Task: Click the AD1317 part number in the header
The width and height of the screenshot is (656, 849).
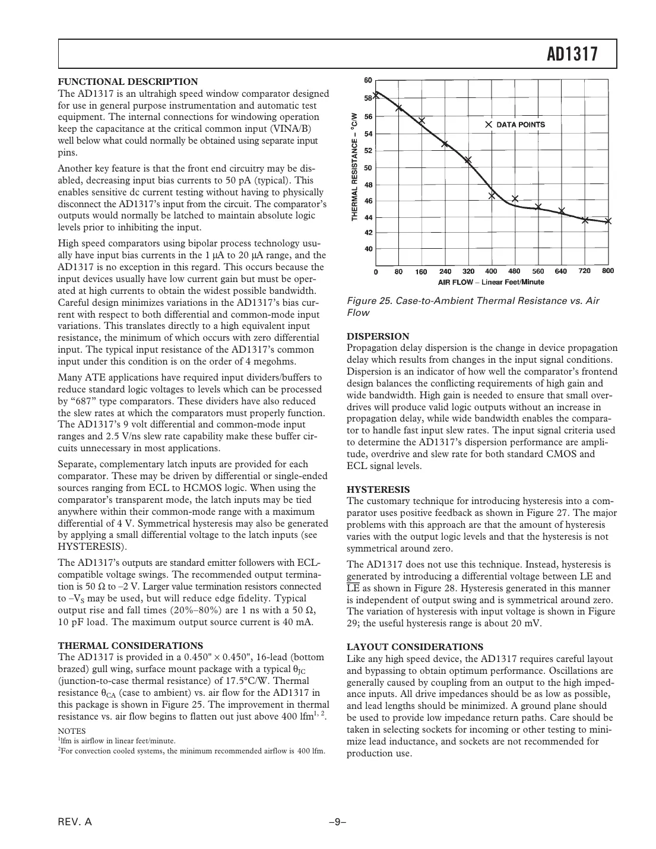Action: pyautogui.click(x=571, y=55)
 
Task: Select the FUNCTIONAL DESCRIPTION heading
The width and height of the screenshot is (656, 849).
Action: pyautogui.click(x=128, y=82)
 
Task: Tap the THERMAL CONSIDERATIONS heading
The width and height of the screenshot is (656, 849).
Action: pyautogui.click(x=130, y=645)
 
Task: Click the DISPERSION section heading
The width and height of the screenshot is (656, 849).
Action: pyautogui.click(x=378, y=336)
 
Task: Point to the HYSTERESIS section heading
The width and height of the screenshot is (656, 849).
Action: pyautogui.click(x=378, y=489)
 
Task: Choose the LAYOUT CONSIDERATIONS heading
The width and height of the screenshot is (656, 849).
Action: pyautogui.click(x=414, y=647)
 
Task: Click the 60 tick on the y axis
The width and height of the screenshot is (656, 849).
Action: pyautogui.click(x=368, y=80)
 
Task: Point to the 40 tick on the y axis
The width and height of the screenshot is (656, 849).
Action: pyautogui.click(x=368, y=249)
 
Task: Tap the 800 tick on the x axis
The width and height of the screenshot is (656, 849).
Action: pyautogui.click(x=607, y=271)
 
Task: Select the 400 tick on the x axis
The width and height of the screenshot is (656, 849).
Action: pyautogui.click(x=491, y=271)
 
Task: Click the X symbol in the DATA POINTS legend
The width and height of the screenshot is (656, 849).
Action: pyautogui.click(x=488, y=125)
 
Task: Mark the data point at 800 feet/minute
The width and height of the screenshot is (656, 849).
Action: pyautogui.click(x=607, y=221)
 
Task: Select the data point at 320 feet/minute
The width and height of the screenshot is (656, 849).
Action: pyautogui.click(x=468, y=160)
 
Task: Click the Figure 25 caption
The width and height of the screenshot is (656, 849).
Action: pyautogui.click(x=473, y=306)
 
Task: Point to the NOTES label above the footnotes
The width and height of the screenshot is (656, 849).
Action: pyautogui.click(x=71, y=731)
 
